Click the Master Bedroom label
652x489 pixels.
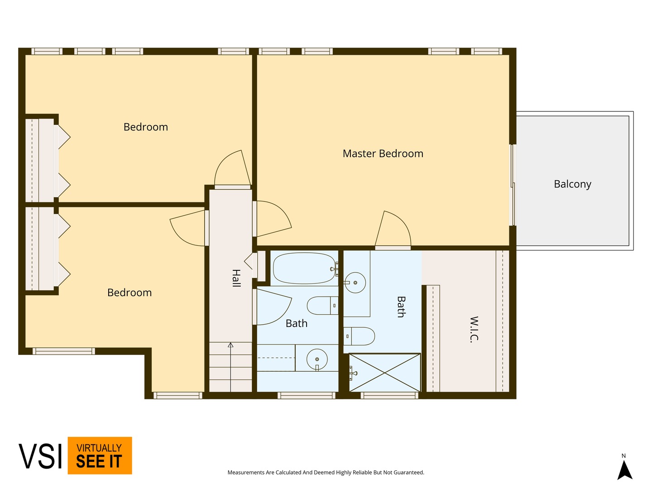tap(383, 153)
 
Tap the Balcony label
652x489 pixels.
tap(572, 184)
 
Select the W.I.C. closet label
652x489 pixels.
tap(475, 330)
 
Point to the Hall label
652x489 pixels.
tap(236, 278)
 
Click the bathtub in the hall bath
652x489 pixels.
tap(304, 268)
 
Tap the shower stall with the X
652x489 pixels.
tap(385, 373)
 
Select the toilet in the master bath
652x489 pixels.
tap(359, 336)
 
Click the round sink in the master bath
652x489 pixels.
tap(355, 283)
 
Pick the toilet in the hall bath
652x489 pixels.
tap(322, 306)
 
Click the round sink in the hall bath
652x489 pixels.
tap(317, 359)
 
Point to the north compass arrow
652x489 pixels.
tap(625, 471)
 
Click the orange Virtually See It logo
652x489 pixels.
tap(100, 455)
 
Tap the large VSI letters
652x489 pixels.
tap(40, 456)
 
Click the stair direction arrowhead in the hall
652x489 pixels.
tap(230, 345)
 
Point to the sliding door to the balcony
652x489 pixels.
tap(513, 185)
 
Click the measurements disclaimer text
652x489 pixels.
tap(326, 472)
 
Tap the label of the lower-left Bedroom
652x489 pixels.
tap(129, 293)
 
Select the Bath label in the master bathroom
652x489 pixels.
tap(401, 307)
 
